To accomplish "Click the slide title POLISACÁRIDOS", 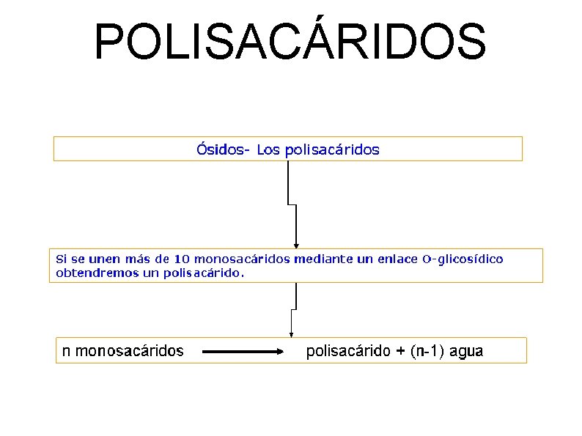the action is click(290, 42).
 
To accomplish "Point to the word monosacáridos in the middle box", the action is click(243, 259).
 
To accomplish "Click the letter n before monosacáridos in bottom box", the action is click(66, 351).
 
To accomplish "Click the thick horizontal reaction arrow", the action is click(242, 352).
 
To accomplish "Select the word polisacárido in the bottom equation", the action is click(348, 351).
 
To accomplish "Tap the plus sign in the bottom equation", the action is click(400, 351).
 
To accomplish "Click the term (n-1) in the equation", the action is click(427, 351).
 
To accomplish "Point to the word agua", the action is click(466, 351).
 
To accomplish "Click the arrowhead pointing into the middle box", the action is click(295, 245).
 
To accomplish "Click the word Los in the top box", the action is click(269, 150).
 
